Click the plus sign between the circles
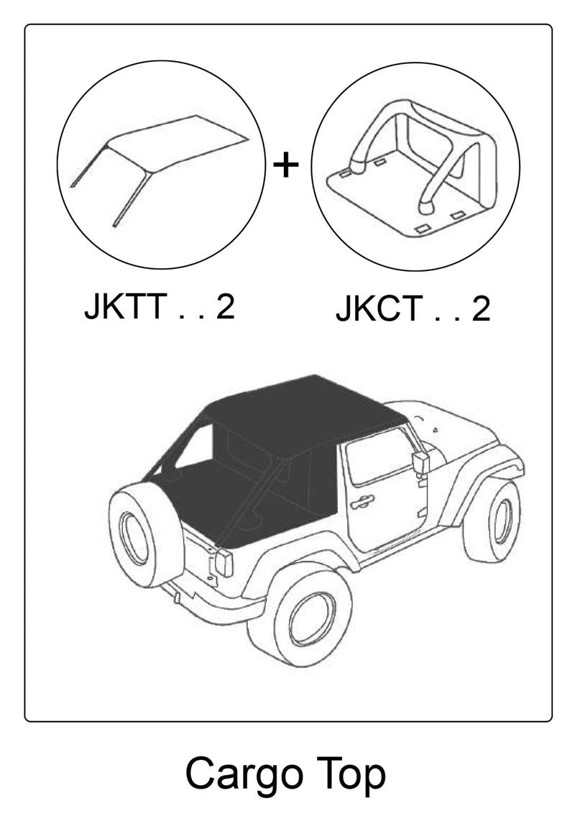click(x=285, y=165)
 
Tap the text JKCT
click(x=378, y=308)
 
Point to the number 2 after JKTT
click(x=225, y=306)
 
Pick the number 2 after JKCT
click(x=481, y=308)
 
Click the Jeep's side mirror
click(x=420, y=463)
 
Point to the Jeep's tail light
click(x=224, y=562)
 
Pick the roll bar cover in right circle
click(x=416, y=156)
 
